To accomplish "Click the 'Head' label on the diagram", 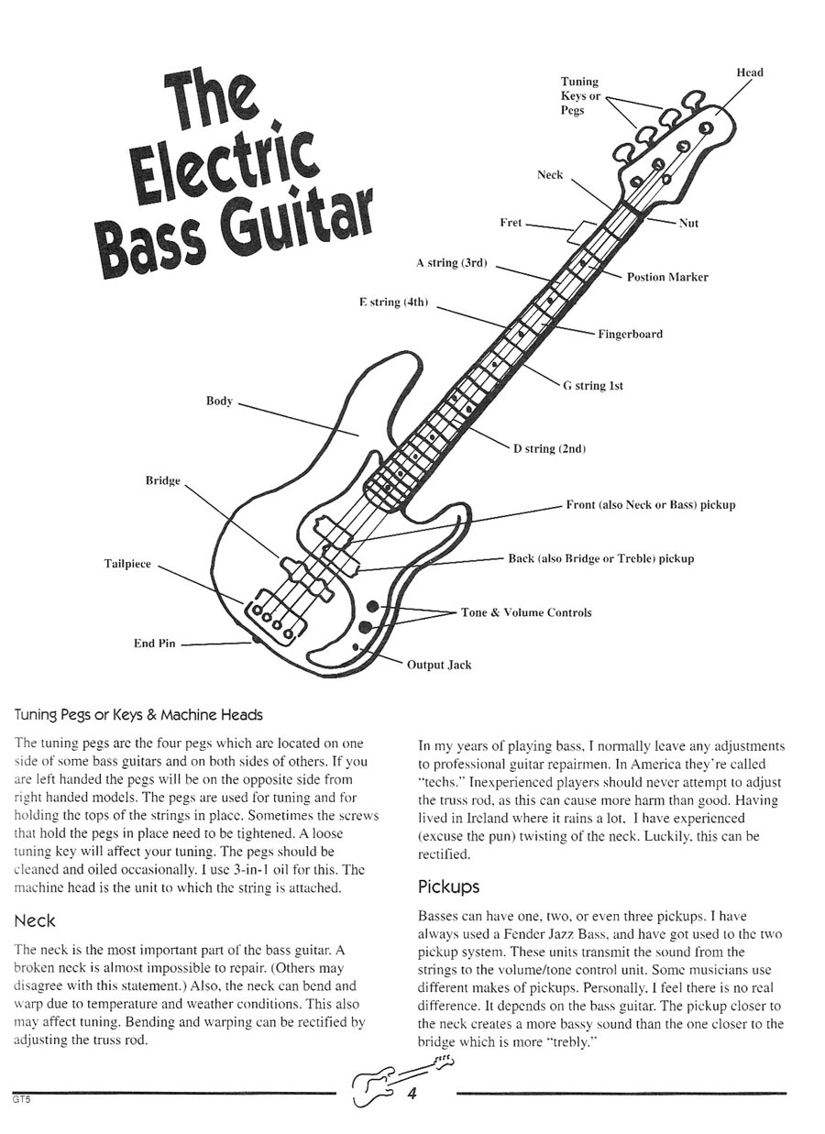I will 749,72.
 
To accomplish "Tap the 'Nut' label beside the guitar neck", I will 688,223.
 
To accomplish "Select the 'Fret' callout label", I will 511,223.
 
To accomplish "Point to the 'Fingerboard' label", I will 630,334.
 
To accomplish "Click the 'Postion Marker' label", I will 667,277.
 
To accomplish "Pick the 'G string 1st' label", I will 593,386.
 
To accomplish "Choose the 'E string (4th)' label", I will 393,303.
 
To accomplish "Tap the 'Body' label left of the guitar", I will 219,402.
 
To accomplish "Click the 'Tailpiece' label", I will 127,564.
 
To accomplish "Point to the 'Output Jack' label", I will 439,665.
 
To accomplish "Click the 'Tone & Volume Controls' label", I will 526,612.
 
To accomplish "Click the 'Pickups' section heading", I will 449,886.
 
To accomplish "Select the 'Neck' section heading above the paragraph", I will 36,920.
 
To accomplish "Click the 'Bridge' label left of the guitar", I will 163,481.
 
